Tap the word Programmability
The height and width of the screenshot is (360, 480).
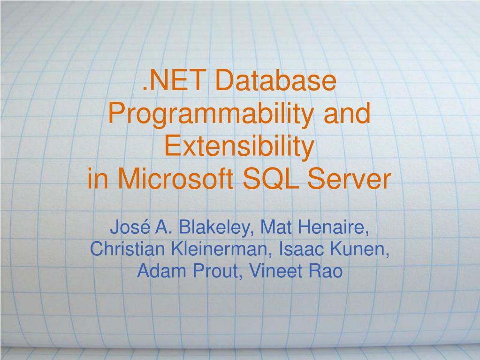[x=209, y=114]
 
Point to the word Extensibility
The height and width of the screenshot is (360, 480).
[x=239, y=146]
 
